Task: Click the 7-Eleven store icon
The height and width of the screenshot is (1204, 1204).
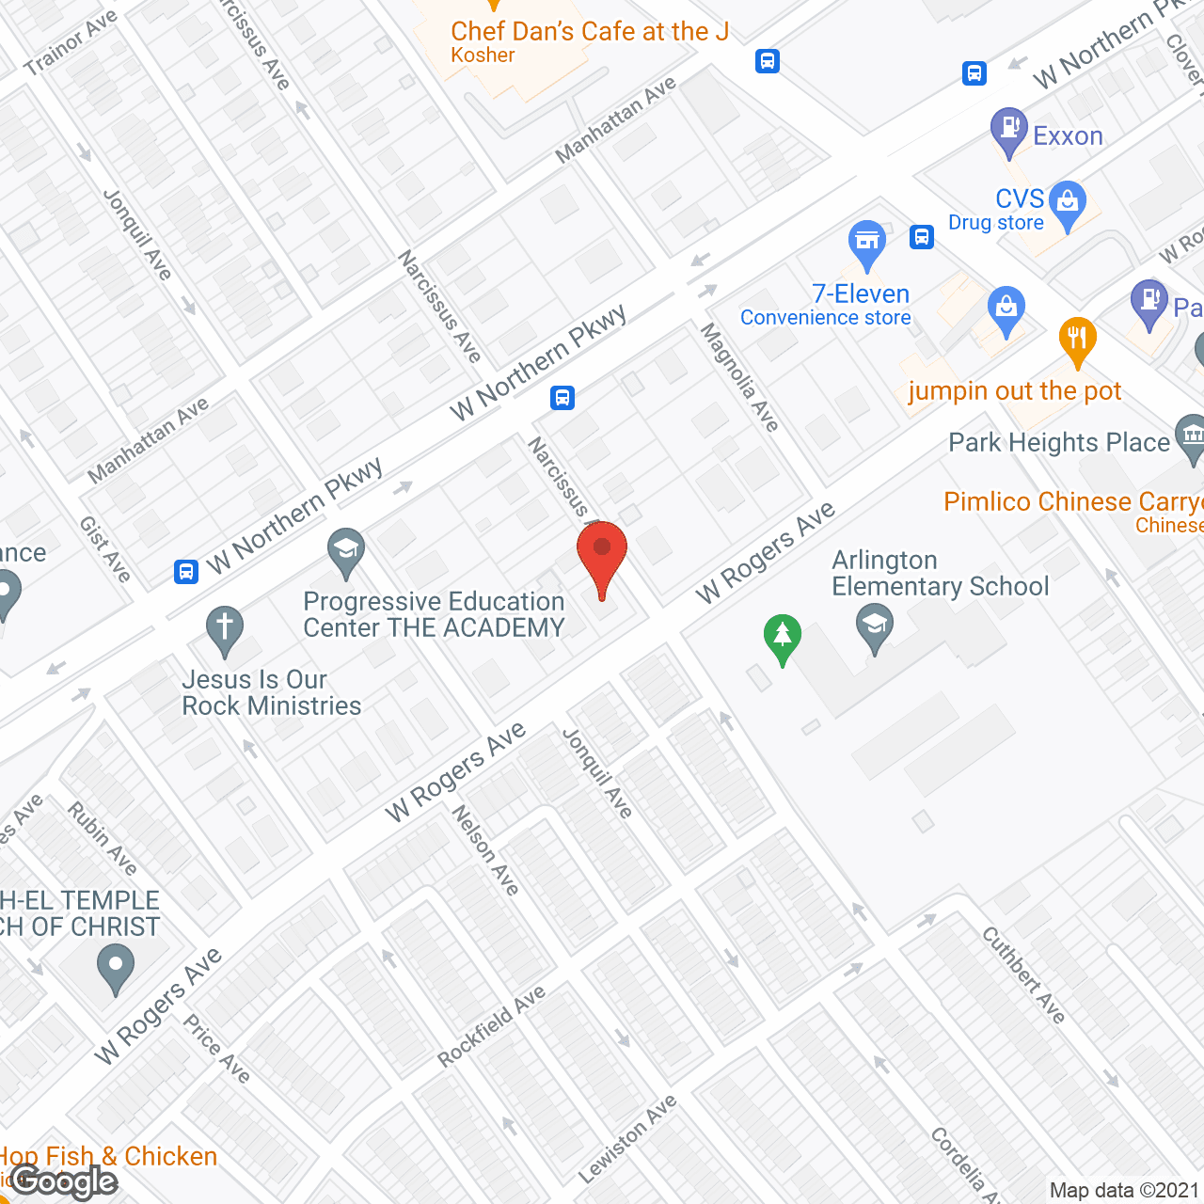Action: click(866, 244)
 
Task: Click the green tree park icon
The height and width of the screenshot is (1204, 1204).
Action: click(782, 638)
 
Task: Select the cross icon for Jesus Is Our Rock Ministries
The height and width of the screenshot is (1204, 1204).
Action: click(224, 629)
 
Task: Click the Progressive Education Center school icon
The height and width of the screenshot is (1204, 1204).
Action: click(346, 551)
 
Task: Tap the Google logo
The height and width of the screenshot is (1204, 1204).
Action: click(64, 1181)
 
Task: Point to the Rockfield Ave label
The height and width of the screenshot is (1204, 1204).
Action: click(491, 1026)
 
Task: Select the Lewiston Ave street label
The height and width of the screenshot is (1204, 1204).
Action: click(627, 1139)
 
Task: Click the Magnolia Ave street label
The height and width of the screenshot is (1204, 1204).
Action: click(739, 377)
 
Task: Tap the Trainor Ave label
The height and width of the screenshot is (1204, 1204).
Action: click(71, 42)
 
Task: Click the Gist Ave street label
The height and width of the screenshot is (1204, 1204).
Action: click(104, 549)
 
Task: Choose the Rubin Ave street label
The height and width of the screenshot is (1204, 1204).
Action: click(103, 837)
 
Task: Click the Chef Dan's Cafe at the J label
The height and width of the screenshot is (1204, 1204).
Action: click(590, 32)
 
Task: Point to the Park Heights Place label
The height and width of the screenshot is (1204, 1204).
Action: click(1058, 442)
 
